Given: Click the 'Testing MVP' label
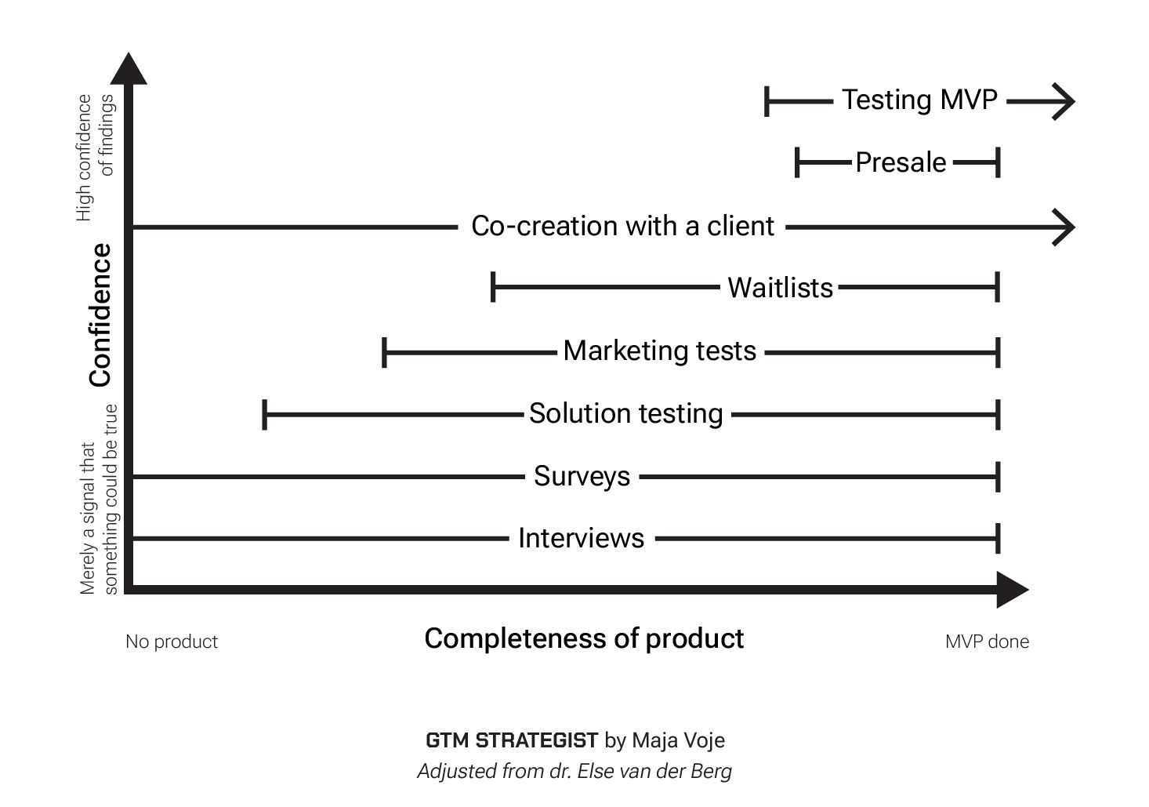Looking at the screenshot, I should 919,100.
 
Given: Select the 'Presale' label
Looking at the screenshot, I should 901,162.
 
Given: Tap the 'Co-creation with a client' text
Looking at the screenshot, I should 622,226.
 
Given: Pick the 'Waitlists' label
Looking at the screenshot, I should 780,288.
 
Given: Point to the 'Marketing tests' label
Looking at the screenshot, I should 659,351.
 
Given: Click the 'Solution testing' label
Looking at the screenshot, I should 625,413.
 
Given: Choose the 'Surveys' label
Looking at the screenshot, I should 582,476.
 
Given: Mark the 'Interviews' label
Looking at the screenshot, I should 581,538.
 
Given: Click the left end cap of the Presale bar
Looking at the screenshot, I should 797,163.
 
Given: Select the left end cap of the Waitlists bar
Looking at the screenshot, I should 493,288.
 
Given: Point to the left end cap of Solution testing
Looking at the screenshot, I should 265,414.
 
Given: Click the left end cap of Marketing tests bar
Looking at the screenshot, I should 384,353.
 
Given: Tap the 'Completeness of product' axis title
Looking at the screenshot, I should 584,638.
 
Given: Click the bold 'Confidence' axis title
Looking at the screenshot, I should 100,315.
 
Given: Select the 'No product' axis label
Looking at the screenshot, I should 172,642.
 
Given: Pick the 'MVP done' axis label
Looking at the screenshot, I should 987,642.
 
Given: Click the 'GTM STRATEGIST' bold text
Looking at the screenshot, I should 512,740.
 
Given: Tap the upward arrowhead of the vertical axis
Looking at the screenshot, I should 129,69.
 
